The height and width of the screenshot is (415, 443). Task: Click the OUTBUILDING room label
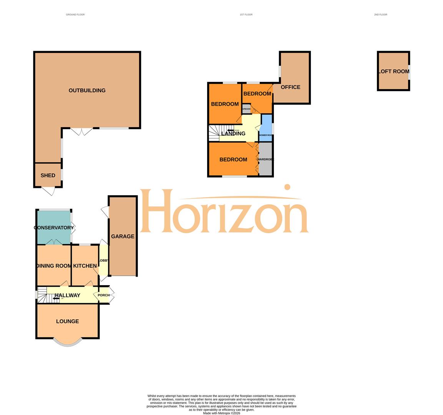(87, 91)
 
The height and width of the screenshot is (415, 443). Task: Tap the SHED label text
(48, 176)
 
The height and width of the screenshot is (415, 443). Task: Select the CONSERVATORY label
(54, 228)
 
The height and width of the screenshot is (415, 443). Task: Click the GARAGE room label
(123, 237)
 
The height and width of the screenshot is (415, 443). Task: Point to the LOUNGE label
(67, 322)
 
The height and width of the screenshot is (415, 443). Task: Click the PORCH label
(104, 295)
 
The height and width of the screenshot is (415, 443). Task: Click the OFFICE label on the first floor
(290, 87)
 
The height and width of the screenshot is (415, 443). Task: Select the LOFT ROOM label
(393, 71)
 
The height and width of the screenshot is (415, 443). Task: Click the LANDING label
(233, 134)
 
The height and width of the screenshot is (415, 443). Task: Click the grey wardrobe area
(265, 159)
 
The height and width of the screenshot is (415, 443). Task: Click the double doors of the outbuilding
(81, 131)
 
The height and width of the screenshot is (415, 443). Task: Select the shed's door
(48, 191)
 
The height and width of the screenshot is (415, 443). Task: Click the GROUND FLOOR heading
(75, 15)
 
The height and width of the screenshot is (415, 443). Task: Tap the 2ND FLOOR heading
(380, 15)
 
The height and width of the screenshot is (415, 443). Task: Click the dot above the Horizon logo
(287, 187)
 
